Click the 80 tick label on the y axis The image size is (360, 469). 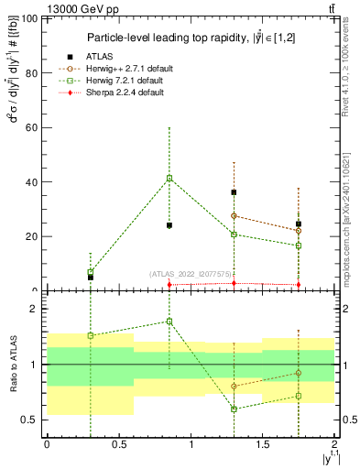point(31,72)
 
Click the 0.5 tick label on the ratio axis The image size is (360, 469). point(29,420)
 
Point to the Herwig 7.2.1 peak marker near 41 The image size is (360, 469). point(169,178)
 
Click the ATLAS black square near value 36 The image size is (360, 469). point(235,192)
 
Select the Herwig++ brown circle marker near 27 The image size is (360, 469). point(235,216)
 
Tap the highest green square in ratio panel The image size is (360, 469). point(169,321)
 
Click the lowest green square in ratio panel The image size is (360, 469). point(235,409)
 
